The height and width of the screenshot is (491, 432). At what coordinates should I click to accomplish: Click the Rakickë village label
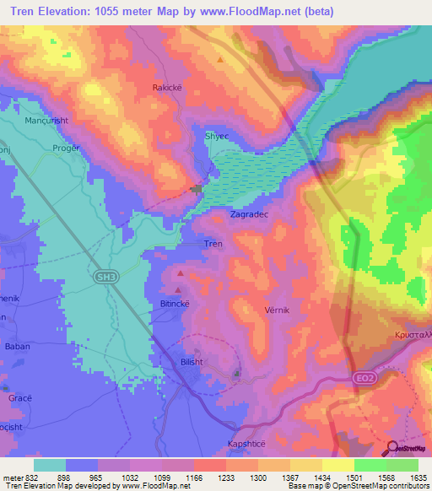click(x=166, y=87)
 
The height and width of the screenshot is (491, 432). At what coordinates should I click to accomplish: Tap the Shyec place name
click(x=217, y=135)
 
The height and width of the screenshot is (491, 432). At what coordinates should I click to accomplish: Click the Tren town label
click(x=213, y=245)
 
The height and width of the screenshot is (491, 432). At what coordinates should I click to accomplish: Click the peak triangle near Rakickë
click(x=221, y=60)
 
